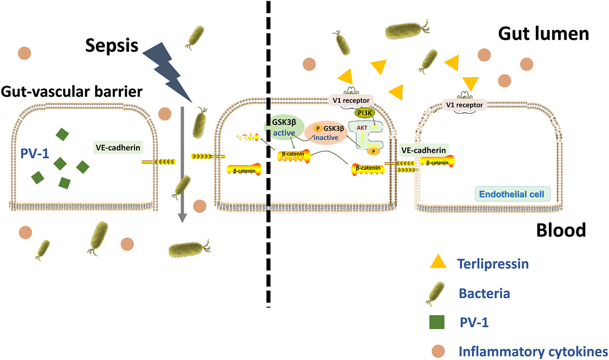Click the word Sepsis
[112, 45]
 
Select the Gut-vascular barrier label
[72, 92]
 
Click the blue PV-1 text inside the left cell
[35, 153]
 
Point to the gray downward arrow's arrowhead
[182, 217]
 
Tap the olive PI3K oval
[365, 113]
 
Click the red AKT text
[362, 128]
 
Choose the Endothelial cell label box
[512, 194]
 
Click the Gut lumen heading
[543, 34]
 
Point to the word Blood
[561, 230]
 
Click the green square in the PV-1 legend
[437, 322]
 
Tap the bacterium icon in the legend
[435, 293]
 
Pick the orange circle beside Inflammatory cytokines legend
[438, 351]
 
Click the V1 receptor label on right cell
[465, 105]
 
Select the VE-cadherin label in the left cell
[118, 148]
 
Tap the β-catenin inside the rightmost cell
[437, 162]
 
